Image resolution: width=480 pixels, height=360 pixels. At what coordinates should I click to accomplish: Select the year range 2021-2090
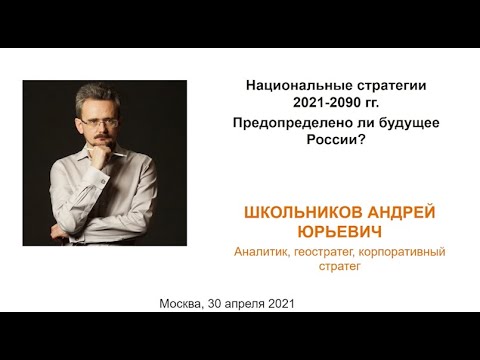[x=324, y=102]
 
